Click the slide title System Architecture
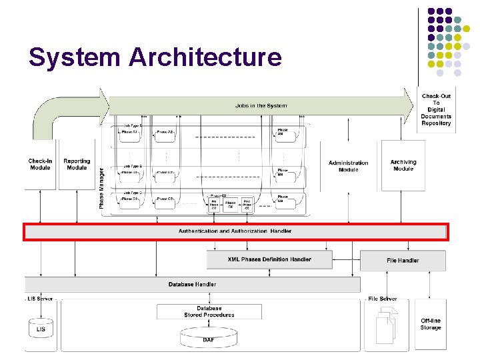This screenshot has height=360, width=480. click(155, 57)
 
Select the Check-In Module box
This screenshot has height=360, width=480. click(40, 164)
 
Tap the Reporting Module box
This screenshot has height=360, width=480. click(77, 164)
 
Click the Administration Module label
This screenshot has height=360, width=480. click(348, 166)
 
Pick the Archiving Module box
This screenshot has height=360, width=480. click(403, 165)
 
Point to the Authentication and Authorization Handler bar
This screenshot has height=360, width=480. click(235, 231)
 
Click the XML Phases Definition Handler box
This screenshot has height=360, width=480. click(269, 259)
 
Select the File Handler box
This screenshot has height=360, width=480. click(403, 260)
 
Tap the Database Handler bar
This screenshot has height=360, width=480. click(192, 284)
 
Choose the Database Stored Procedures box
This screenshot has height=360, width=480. click(209, 311)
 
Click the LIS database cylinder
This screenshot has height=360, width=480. click(41, 328)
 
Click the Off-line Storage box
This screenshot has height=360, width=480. click(431, 324)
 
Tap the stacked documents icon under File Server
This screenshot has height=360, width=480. click(385, 326)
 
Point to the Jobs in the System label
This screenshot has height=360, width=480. click(261, 105)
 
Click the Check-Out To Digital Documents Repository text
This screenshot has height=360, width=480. click(436, 109)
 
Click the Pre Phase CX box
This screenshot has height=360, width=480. click(214, 204)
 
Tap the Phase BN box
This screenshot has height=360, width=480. click(283, 173)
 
